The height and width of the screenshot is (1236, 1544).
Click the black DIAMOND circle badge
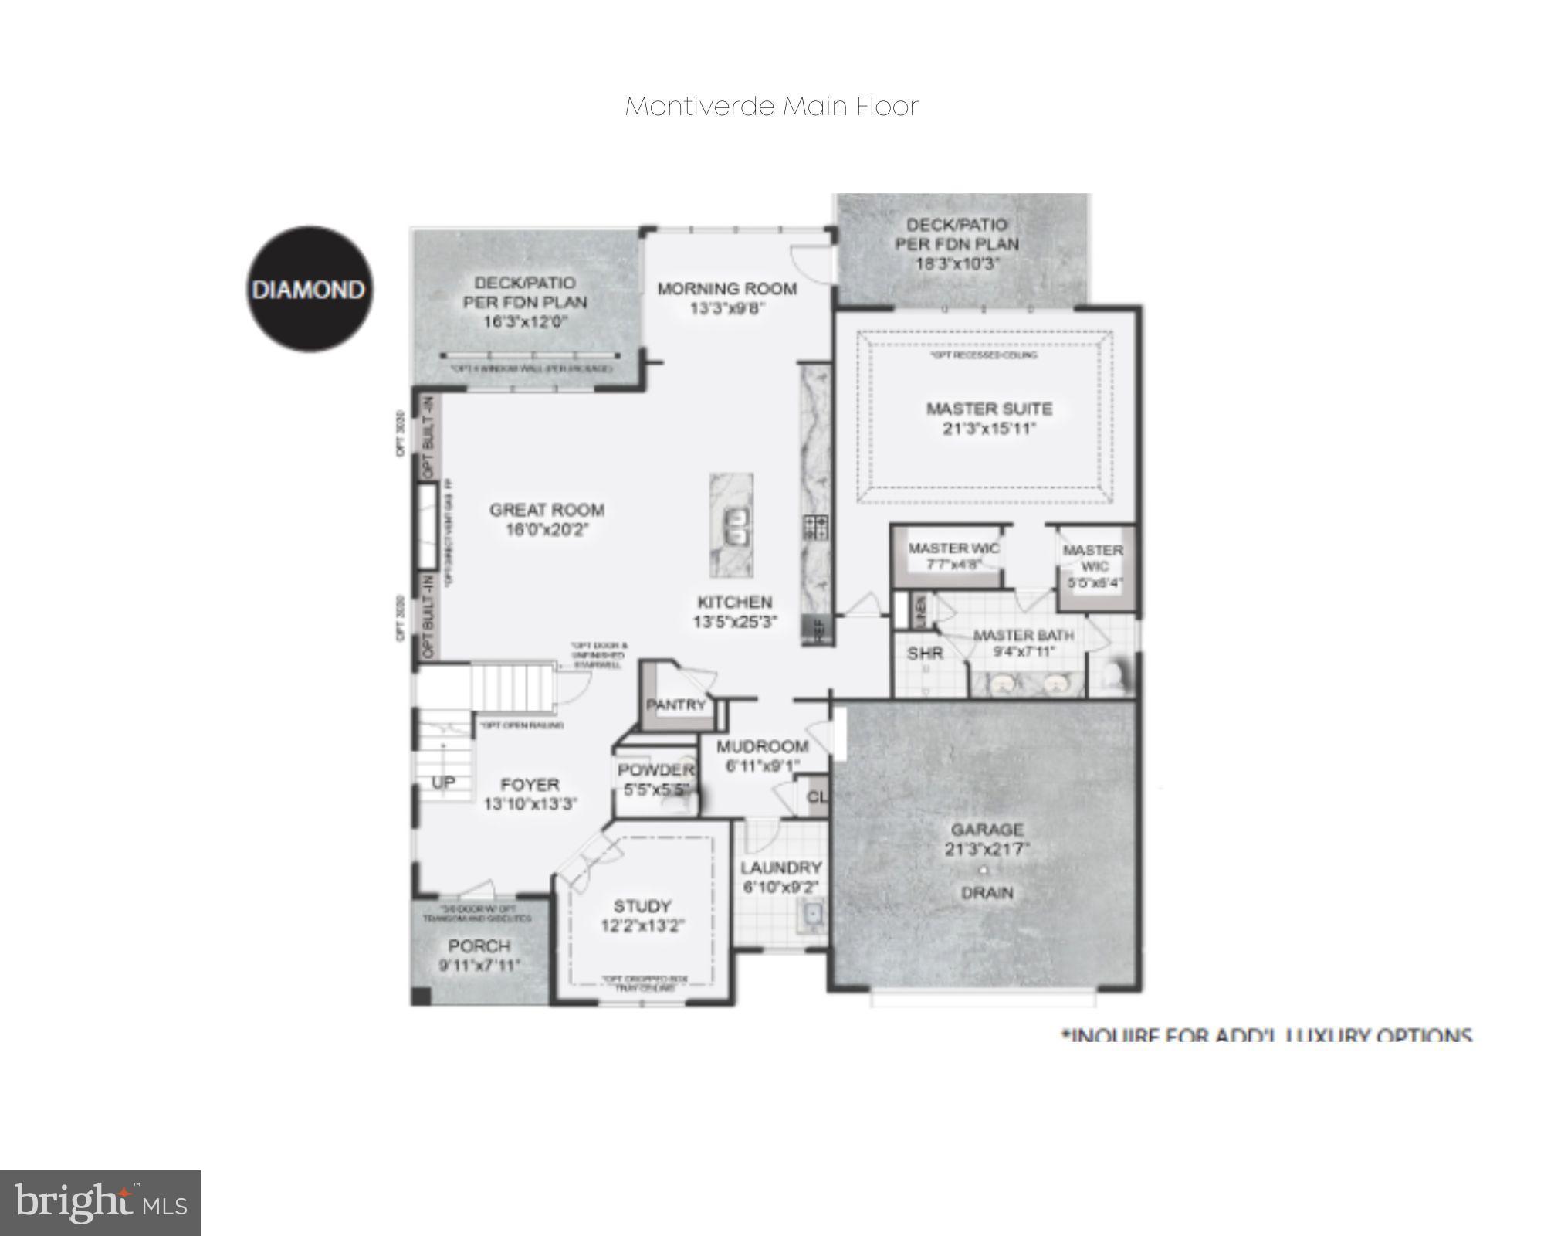point(309,290)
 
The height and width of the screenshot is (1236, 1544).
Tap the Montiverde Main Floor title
point(771,106)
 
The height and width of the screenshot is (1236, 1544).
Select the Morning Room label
point(726,289)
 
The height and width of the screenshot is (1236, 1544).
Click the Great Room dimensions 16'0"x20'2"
point(547,530)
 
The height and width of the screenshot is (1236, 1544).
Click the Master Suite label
point(989,409)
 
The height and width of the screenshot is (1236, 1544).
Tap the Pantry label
point(676,705)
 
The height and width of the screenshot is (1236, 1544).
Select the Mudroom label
point(762,746)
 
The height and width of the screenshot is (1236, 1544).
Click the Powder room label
point(655,770)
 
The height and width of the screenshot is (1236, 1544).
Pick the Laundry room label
point(780,868)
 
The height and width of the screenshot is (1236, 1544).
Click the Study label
point(642,905)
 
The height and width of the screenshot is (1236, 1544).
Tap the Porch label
point(479,946)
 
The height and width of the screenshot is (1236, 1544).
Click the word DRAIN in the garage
point(987,893)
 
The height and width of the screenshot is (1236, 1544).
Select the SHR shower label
point(925,654)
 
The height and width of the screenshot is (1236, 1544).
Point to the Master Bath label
point(1023,635)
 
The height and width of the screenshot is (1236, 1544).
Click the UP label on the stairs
point(443,783)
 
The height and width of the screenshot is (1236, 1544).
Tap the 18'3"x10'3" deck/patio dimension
point(957,263)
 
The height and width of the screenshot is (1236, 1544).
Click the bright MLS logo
point(100,1203)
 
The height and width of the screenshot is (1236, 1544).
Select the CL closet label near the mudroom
point(817,796)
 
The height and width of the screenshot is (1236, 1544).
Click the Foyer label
point(530,785)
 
